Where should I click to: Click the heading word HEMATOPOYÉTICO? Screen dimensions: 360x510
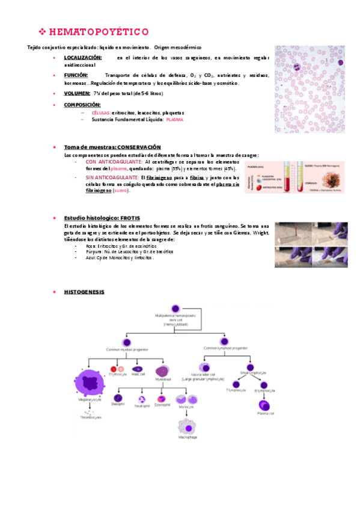pos(99,31)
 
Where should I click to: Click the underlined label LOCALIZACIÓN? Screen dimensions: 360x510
pos(82,58)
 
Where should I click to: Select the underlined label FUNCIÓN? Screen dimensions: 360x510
pos(76,75)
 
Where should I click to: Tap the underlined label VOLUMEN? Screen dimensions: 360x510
pos(77,93)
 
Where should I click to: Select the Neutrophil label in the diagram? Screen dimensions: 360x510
pos(142,405)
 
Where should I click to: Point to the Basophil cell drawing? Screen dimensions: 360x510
pos(118,398)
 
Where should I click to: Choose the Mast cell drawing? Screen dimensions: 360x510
pos(138,368)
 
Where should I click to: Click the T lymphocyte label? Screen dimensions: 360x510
pos(236,390)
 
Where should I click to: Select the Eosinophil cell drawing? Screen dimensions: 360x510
pos(161,398)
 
